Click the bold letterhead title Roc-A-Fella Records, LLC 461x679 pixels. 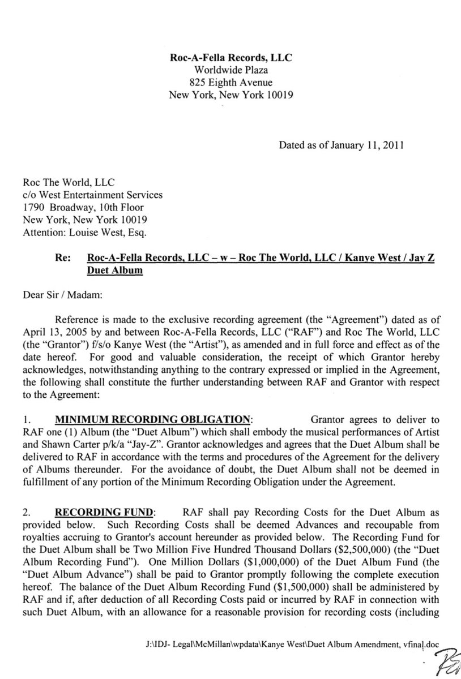231,58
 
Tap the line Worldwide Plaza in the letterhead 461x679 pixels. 231,70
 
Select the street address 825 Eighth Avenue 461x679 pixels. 231,83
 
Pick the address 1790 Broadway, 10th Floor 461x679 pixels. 85,207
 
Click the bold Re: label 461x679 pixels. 63,257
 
